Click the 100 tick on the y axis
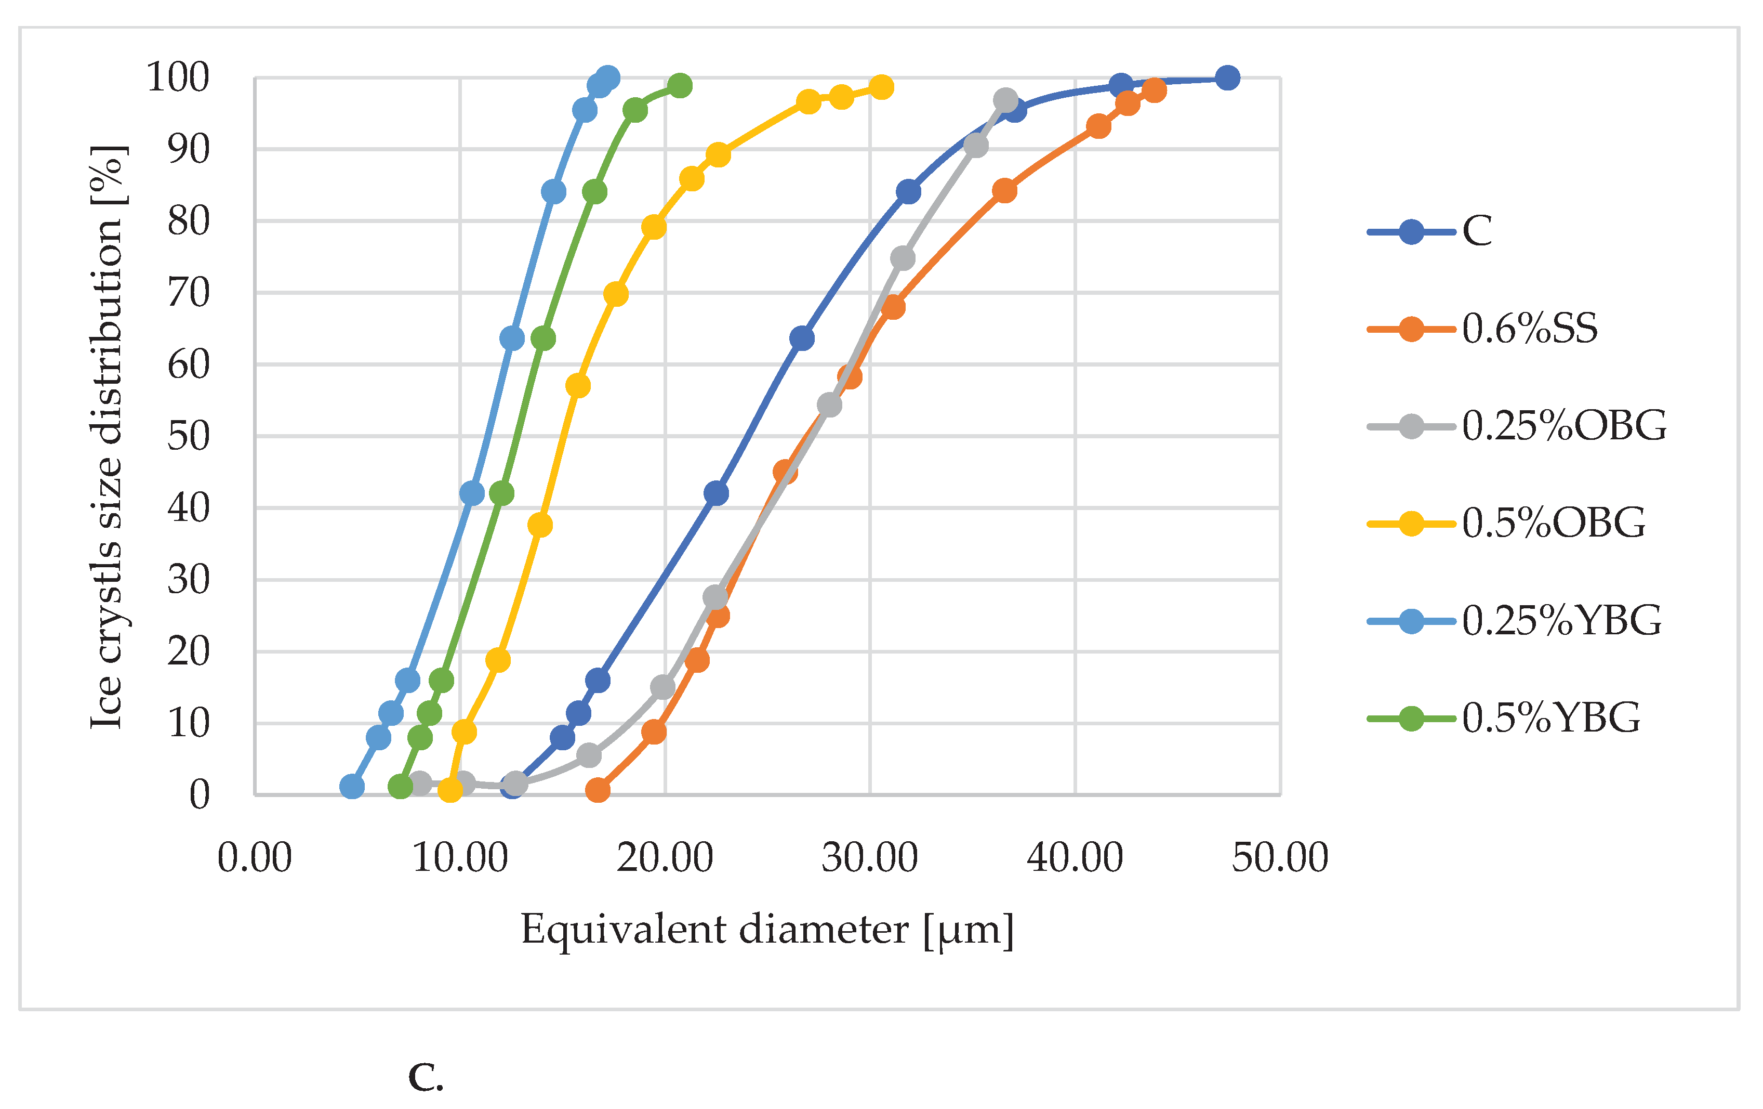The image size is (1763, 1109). coord(178,77)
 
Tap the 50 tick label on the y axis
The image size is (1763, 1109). coord(188,437)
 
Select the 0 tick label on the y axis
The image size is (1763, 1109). coord(199,795)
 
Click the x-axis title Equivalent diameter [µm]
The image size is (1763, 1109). coord(767,930)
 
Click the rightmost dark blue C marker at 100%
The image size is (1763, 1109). coord(1227,77)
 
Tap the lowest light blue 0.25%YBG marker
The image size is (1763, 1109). coord(352,787)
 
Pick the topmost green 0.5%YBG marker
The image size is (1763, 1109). coord(680,86)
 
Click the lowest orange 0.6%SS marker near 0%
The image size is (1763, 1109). coord(598,790)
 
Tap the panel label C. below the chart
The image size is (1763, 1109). coord(426,1077)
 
